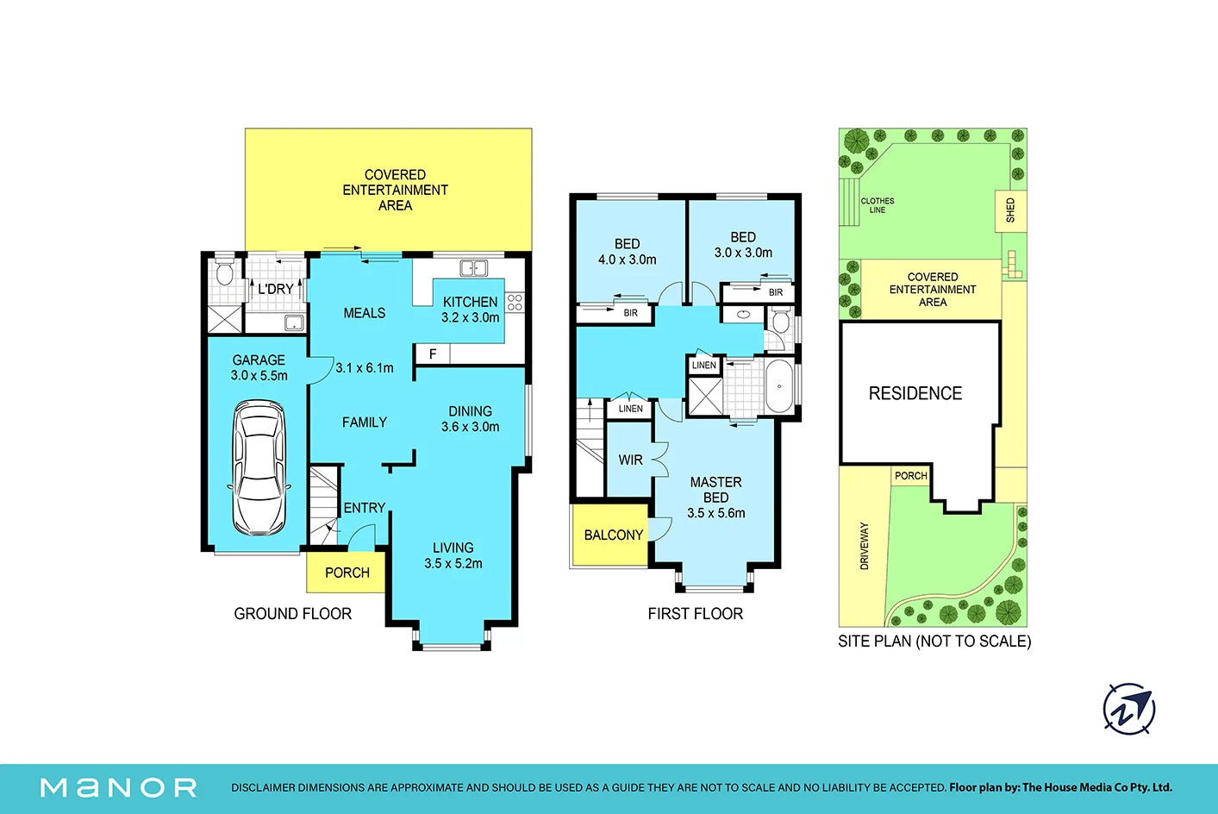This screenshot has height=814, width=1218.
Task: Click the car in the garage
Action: point(259,468)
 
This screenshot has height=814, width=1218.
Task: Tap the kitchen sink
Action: point(473,268)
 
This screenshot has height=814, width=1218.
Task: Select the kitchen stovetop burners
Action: point(515,303)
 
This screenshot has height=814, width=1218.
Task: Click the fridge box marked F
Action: point(433,354)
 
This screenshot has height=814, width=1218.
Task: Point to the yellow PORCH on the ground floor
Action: point(347,572)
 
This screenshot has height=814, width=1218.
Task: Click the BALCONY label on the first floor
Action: point(614,535)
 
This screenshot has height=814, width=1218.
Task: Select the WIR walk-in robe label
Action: point(630,460)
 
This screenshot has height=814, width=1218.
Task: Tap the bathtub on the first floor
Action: point(780,386)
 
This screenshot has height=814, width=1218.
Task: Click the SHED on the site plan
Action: point(1011,210)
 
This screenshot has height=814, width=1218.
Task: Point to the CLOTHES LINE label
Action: point(877,205)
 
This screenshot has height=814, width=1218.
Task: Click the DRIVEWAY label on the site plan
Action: point(865,546)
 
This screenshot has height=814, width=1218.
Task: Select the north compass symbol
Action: point(1129,709)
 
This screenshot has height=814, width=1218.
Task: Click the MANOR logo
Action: point(119,787)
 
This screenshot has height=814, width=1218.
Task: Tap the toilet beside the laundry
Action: point(225,272)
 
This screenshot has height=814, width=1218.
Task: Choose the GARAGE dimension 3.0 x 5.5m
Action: point(259,375)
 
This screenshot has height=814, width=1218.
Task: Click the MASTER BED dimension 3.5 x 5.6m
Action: point(715,513)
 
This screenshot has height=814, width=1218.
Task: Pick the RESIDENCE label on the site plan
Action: point(915,393)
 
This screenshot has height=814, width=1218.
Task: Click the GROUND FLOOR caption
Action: point(292,614)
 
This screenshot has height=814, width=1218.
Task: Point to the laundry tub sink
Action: point(294,322)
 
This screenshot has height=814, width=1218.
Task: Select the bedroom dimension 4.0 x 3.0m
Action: point(627,260)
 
